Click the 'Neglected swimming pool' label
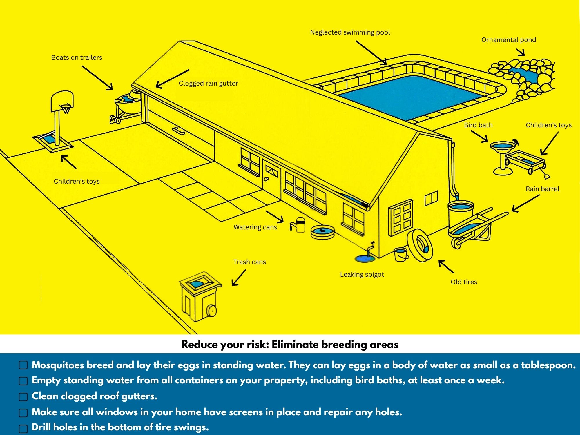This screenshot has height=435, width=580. point(350,32)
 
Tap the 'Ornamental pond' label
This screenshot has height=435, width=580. point(508,40)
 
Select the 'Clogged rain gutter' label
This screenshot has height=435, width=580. point(208,84)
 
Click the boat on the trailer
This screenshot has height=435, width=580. point(128,103)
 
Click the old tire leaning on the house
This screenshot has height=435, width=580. point(420,245)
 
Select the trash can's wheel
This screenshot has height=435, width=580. point(212,311)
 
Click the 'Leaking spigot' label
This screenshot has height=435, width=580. point(362,274)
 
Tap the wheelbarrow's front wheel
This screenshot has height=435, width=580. point(456,243)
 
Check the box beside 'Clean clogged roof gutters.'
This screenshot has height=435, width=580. point(23,397)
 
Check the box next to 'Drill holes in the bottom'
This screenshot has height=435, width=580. point(23,428)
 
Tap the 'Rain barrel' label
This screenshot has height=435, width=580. point(542,189)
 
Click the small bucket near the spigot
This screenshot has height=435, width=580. point(400,254)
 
